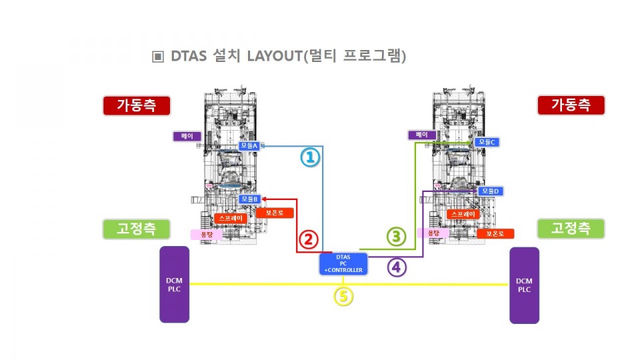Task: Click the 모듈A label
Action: [252, 146]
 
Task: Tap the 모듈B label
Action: [251, 199]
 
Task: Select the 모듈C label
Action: [487, 142]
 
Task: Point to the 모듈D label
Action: [489, 191]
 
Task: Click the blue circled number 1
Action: [310, 157]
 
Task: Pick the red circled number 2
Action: [308, 239]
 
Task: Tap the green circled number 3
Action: [396, 235]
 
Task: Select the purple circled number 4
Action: [397, 267]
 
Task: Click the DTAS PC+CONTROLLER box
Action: [343, 263]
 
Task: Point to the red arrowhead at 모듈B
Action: [265, 199]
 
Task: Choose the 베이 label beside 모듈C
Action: [422, 135]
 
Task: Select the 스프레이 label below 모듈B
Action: [231, 218]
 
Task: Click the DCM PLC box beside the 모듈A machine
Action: [174, 285]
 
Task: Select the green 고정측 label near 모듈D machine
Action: [571, 229]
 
